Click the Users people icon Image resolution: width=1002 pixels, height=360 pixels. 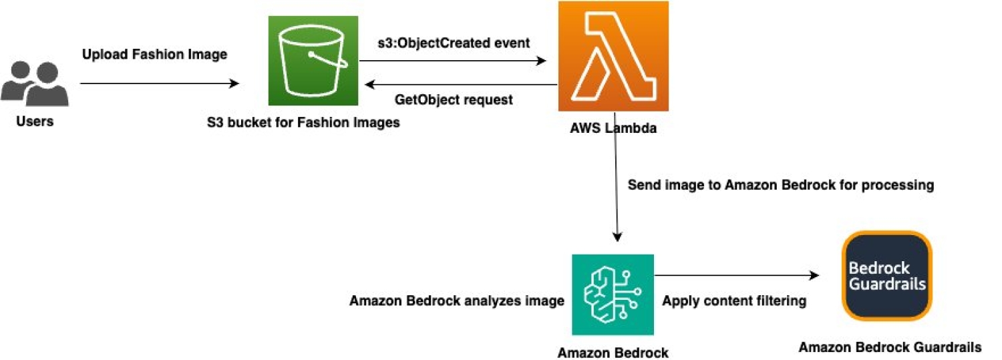click(x=34, y=83)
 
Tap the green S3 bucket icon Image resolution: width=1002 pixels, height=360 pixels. click(x=313, y=60)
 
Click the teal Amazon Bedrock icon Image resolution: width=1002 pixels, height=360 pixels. click(x=613, y=295)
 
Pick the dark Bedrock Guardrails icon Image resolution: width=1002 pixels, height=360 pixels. click(x=887, y=277)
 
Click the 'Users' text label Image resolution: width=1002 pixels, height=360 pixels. click(x=34, y=122)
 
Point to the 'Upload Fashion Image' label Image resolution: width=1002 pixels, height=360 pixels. click(x=154, y=54)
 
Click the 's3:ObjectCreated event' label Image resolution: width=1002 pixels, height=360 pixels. click(x=454, y=43)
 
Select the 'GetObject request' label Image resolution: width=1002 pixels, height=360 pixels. click(x=454, y=100)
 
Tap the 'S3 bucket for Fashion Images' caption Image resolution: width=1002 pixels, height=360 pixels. click(x=303, y=123)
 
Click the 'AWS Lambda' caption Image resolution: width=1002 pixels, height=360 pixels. click(x=609, y=129)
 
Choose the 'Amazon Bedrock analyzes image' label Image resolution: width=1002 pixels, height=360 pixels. click(x=457, y=301)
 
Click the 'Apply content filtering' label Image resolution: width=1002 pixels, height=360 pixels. click(x=733, y=301)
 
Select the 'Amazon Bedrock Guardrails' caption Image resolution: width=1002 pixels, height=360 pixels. click(x=890, y=347)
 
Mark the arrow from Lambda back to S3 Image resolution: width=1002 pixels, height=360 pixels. click(x=461, y=85)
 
